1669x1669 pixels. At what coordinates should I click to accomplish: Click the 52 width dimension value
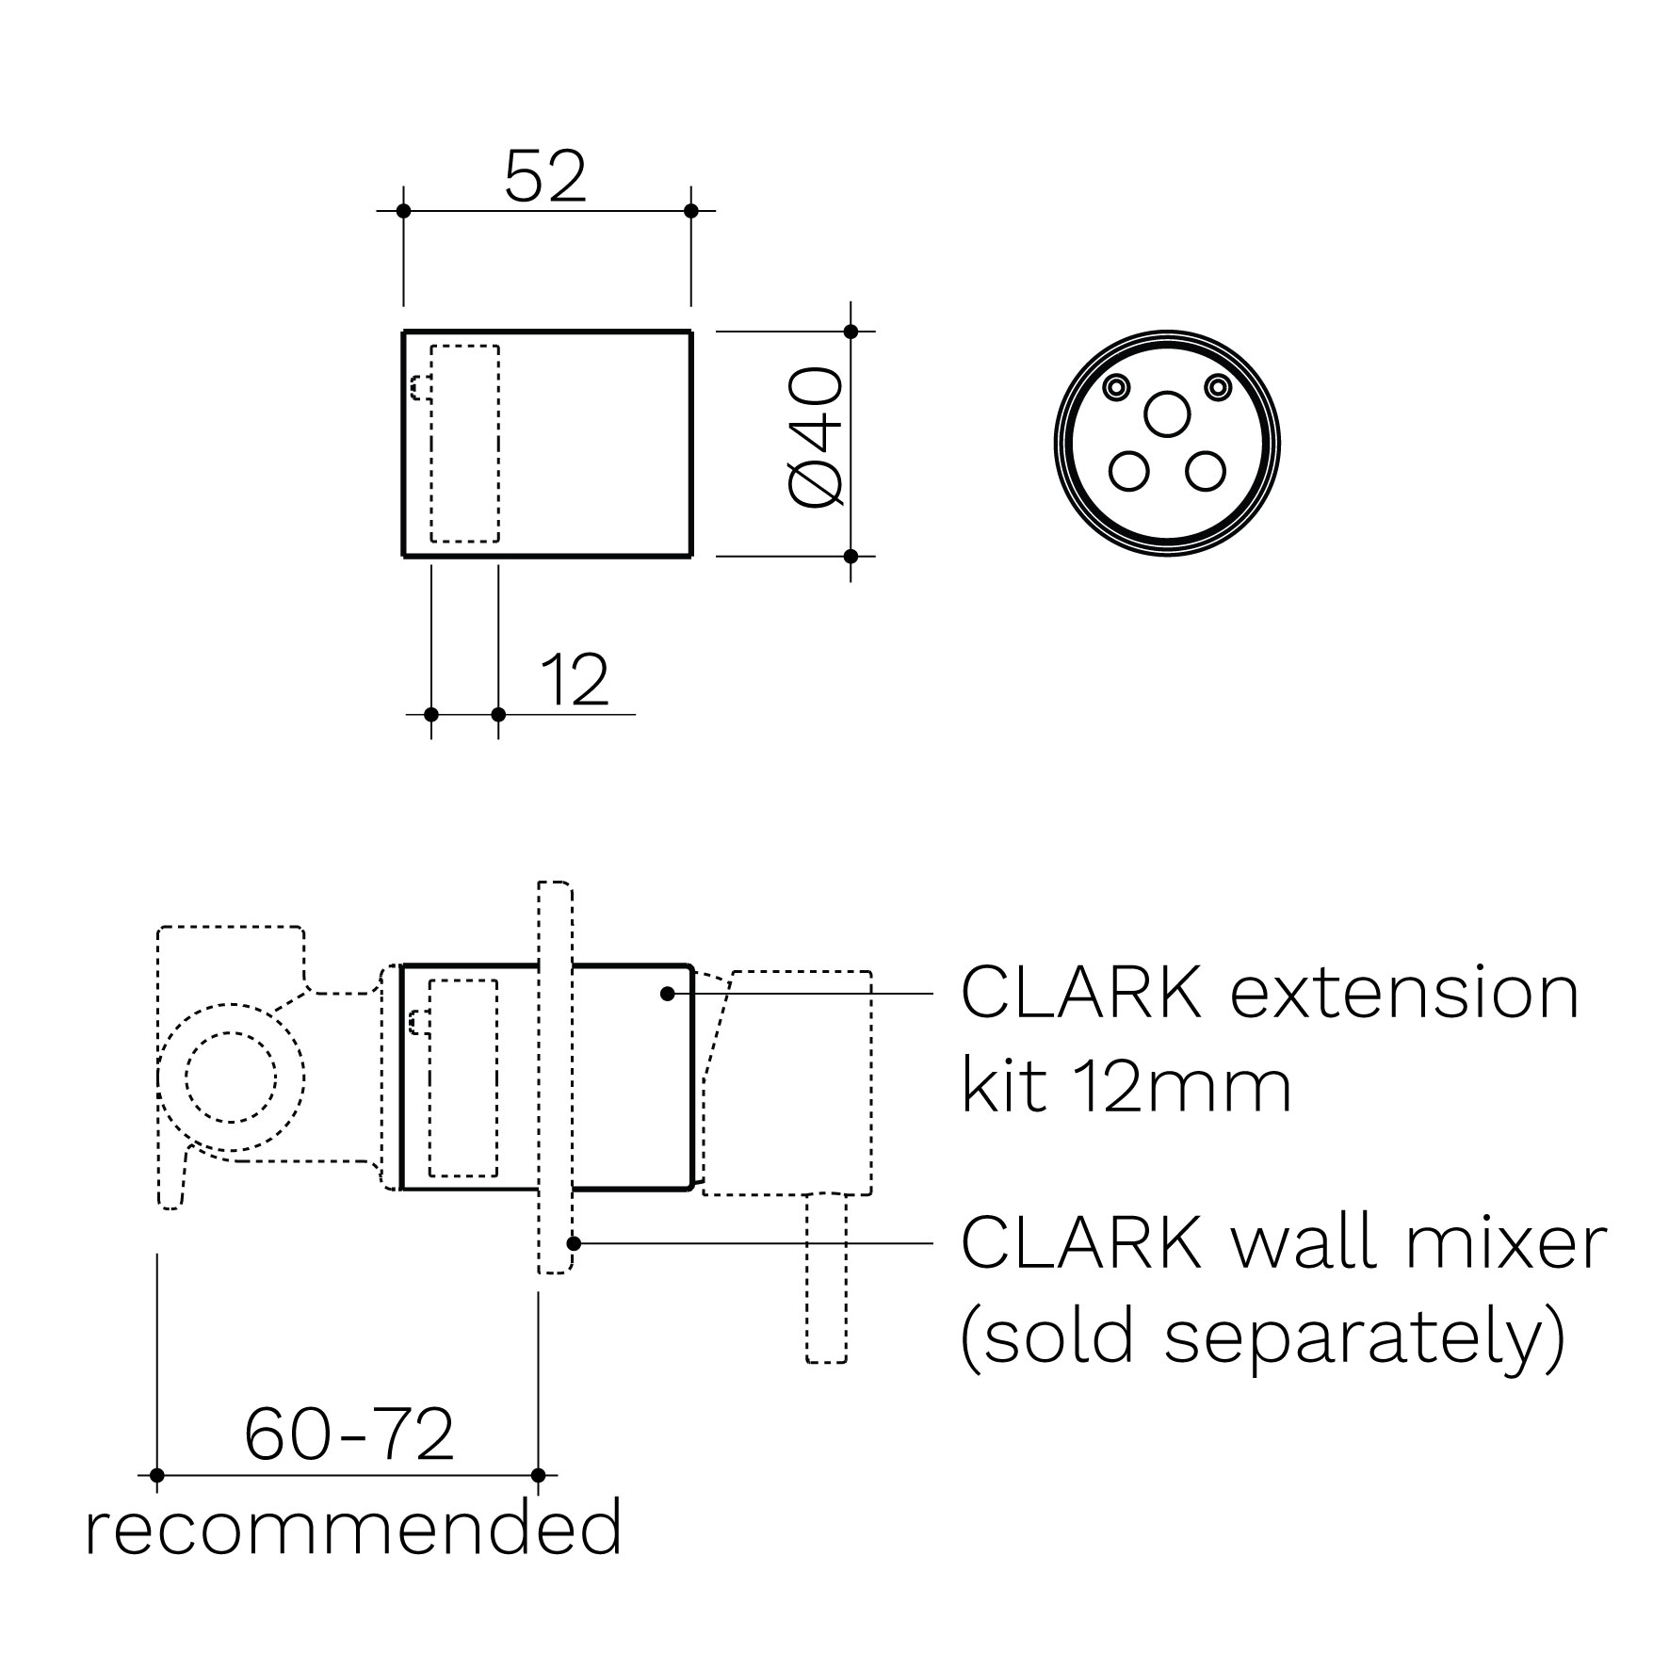click(545, 177)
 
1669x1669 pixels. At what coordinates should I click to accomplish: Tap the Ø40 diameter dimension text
click(814, 439)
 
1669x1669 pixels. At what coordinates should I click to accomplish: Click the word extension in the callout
click(1404, 993)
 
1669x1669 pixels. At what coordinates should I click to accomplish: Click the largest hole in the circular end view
click(1167, 414)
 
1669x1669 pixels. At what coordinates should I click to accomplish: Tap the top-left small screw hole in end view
click(1118, 386)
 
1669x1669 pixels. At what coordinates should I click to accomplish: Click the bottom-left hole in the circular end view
click(1128, 471)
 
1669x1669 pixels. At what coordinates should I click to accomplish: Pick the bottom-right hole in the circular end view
click(1206, 471)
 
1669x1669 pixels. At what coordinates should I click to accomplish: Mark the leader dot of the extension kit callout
click(667, 994)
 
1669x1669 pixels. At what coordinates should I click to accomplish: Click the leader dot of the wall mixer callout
click(573, 1243)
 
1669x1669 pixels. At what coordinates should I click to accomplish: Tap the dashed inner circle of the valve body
click(231, 1077)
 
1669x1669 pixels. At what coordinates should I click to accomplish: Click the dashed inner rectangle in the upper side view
click(464, 444)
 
